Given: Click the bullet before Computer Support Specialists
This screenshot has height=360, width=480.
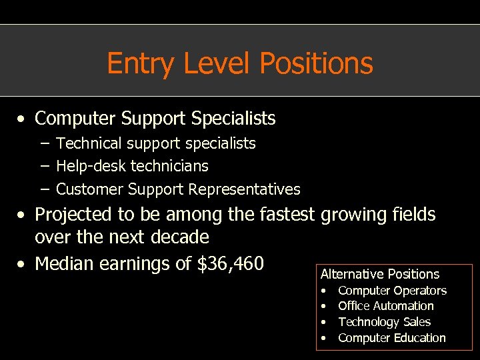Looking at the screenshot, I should (23, 119).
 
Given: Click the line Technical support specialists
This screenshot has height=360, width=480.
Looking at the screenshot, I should (155, 143).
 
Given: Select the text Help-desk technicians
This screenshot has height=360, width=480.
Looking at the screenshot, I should (132, 166).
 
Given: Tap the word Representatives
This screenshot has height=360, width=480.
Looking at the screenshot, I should (244, 189).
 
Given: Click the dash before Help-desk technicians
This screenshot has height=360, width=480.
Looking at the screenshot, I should (43, 166).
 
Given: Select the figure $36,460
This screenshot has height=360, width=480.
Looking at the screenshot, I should (231, 264).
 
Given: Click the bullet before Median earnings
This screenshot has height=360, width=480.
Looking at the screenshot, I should (23, 265).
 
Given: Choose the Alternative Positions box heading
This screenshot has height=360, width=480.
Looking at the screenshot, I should (380, 274).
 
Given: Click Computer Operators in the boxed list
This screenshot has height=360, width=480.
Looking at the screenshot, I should (392, 291).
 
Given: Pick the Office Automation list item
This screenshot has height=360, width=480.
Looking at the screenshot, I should (385, 306).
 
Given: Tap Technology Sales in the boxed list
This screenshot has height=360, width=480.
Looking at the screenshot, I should (384, 322).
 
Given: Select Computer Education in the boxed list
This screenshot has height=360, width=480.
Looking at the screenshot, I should (391, 338).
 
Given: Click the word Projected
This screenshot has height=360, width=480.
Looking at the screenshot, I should (74, 215).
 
